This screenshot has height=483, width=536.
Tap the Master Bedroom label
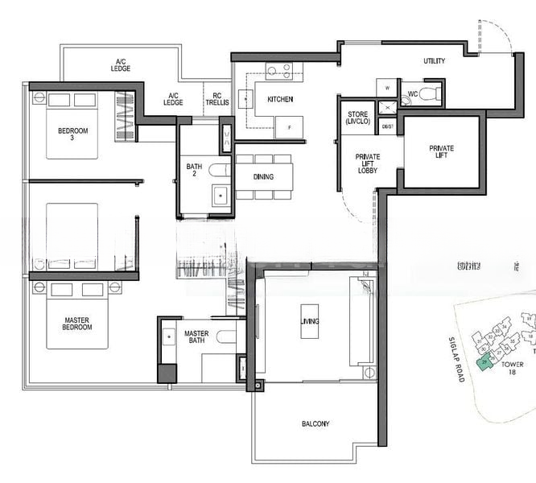[77, 324]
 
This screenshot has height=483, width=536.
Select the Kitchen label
[280, 100]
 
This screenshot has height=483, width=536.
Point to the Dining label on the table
[263, 177]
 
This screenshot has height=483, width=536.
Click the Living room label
[311, 322]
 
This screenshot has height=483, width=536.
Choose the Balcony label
[315, 424]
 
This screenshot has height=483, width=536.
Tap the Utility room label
[435, 61]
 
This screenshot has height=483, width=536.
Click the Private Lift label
[441, 153]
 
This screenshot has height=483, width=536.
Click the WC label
[412, 94]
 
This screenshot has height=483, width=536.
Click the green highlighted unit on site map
[484, 364]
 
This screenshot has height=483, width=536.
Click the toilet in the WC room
[431, 94]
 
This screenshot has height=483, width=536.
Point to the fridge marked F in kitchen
[289, 126]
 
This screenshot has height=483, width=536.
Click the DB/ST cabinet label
[387, 126]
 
